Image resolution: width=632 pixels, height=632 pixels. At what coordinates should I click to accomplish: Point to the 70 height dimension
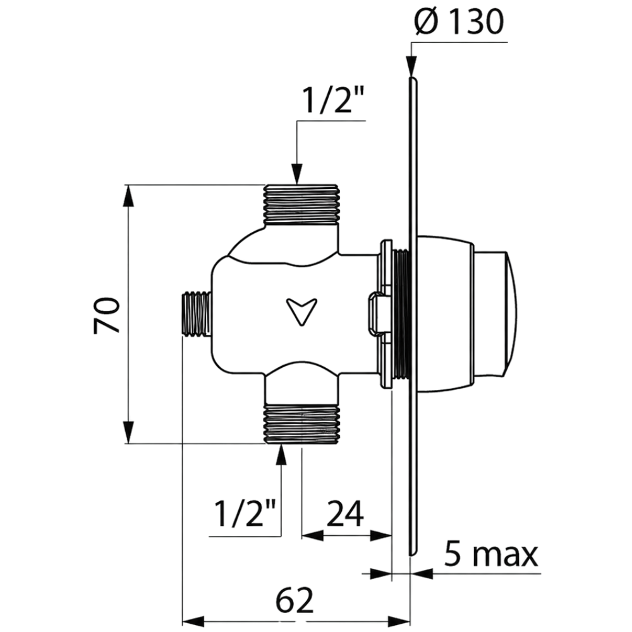coord(107,315)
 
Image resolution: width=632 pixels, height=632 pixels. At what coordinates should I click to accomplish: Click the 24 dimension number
coord(345,513)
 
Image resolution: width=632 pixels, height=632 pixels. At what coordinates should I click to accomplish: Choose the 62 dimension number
coord(295,600)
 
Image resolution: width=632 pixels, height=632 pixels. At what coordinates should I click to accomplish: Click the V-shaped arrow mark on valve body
coord(301,311)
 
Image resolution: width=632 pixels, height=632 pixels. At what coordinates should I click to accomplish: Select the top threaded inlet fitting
coord(301,204)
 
